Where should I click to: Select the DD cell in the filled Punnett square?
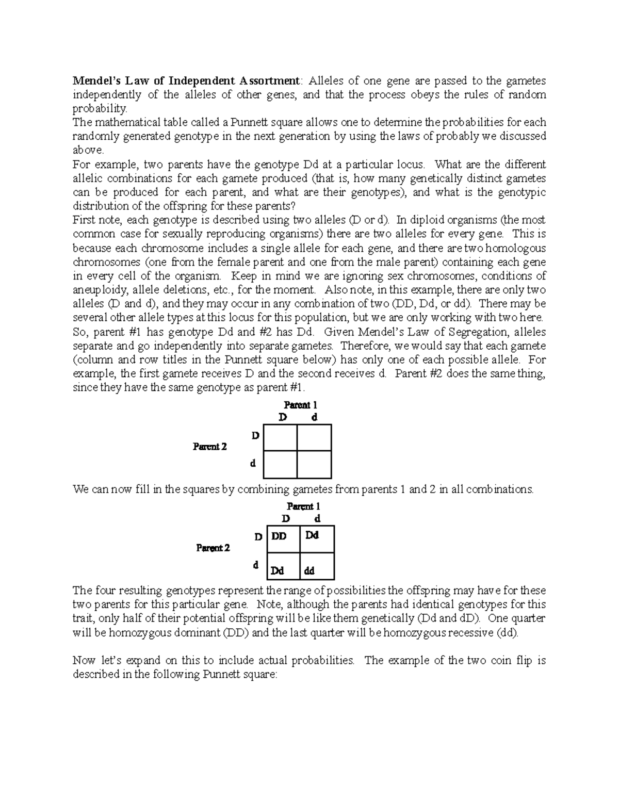pyautogui.click(x=279, y=536)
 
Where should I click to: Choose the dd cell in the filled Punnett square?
pyautogui.click(x=309, y=571)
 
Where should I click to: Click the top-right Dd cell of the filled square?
pyautogui.click(x=312, y=535)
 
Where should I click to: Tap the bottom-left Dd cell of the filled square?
pyautogui.click(x=278, y=571)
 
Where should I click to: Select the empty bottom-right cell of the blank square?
pyautogui.click(x=314, y=465)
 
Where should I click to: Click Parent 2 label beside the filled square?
pyautogui.click(x=213, y=548)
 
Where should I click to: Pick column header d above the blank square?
pyautogui.click(x=314, y=417)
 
